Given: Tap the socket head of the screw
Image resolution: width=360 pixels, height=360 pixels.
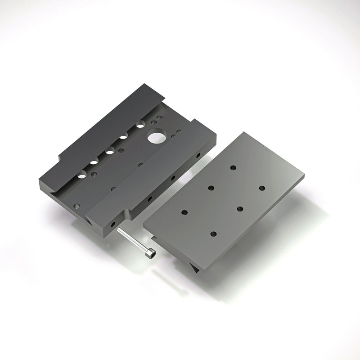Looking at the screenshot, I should [x=150, y=254].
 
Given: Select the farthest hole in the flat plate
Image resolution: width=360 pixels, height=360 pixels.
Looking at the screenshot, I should [x=233, y=167].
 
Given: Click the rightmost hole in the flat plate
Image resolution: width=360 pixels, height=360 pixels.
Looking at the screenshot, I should [x=262, y=187].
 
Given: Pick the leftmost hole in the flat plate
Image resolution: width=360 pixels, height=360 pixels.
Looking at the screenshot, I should [x=184, y=211].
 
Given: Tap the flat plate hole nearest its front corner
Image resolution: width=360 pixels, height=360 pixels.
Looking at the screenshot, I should [x=213, y=234].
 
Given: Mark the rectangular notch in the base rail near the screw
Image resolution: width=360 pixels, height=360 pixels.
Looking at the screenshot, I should [x=128, y=214].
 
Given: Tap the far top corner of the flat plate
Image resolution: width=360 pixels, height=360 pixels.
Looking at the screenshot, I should [x=243, y=132].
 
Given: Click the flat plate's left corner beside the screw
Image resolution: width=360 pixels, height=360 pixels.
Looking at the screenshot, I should [x=143, y=221].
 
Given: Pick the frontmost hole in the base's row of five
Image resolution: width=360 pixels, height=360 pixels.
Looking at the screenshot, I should [x=81, y=176].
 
